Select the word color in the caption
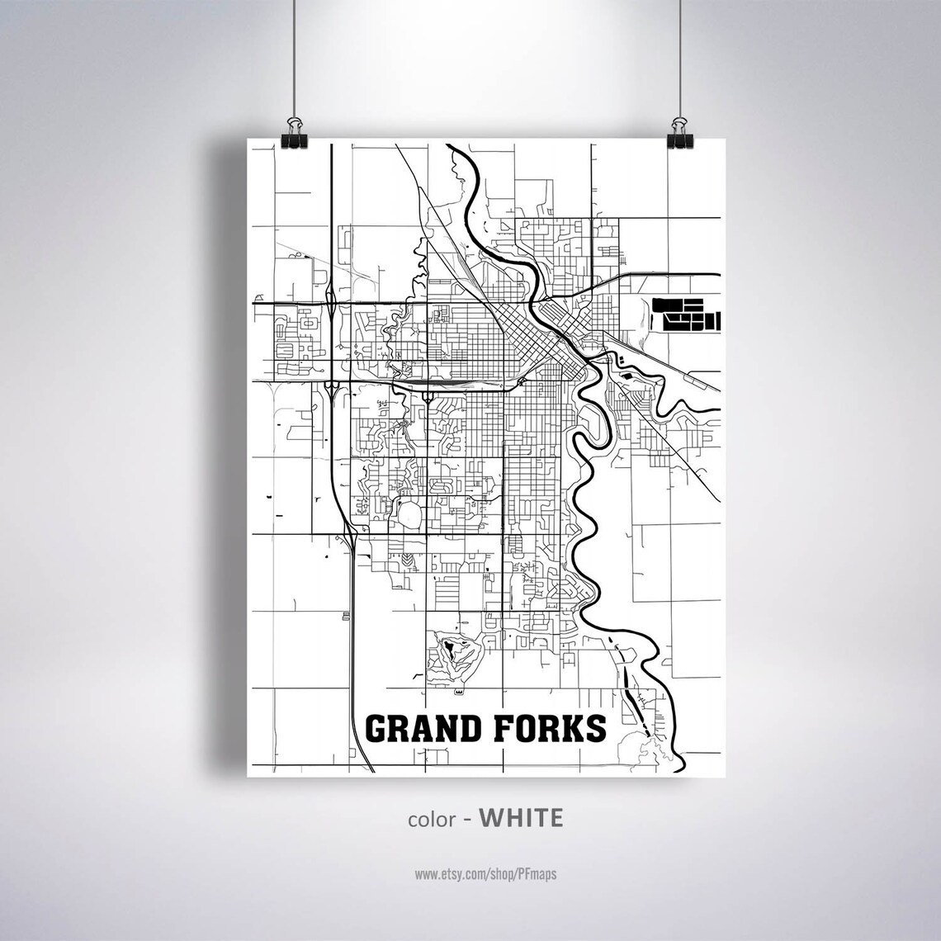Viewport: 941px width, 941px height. (430, 819)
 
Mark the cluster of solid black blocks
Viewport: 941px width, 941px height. (684, 312)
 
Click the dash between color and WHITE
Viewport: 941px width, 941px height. (468, 819)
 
